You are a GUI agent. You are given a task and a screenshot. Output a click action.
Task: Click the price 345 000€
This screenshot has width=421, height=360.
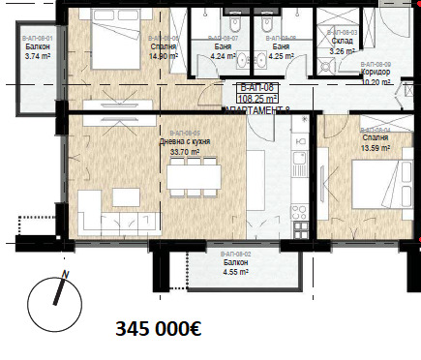(x=158, y=328)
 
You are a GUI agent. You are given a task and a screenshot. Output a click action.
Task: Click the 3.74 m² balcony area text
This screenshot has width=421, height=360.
(x=38, y=56)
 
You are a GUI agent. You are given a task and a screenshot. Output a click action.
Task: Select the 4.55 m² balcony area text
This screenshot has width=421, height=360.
(x=233, y=272)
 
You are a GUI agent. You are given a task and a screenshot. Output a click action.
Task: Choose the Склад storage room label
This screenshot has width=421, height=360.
(x=343, y=42)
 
